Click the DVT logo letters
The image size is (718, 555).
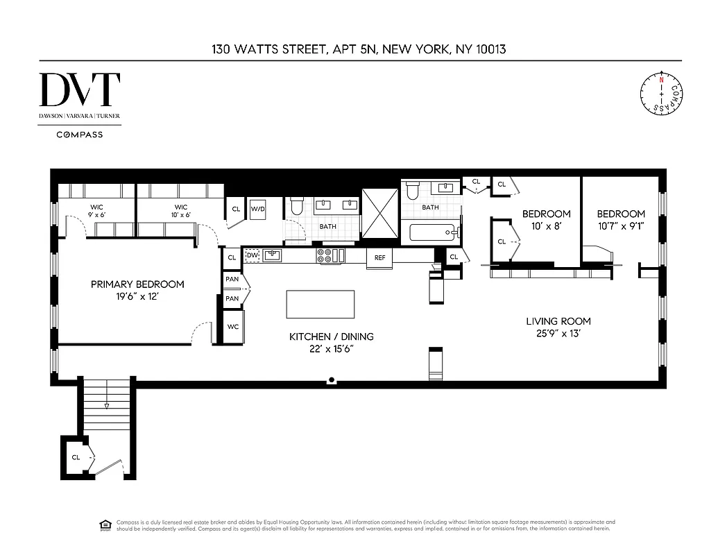80,90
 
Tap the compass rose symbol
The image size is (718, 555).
661,94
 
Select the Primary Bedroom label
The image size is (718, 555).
138,284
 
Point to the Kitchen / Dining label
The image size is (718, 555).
331,336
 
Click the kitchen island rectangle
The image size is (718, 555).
320,304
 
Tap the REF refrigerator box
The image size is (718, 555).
379,257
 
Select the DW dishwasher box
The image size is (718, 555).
253,255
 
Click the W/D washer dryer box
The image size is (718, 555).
257,208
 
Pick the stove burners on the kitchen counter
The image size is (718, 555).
323,255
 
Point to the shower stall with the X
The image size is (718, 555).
380,214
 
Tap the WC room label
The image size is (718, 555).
232,327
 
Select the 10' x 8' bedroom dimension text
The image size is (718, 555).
546,226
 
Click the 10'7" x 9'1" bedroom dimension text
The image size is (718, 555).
620,226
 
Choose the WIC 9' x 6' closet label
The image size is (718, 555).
96,211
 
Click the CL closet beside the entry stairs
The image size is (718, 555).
76,457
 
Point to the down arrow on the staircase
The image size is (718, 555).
106,406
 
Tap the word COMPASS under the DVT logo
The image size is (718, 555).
80,135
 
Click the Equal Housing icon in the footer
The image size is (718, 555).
105,524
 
